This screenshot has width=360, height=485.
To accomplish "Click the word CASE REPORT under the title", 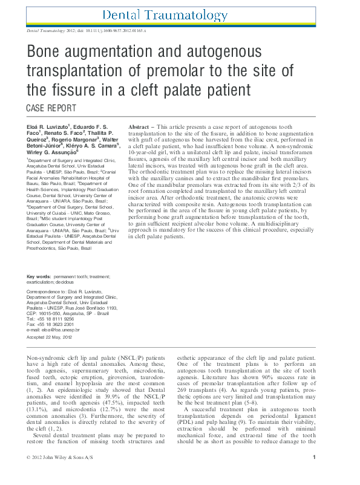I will (51, 109).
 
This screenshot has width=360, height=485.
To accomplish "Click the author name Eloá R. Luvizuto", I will (48, 125).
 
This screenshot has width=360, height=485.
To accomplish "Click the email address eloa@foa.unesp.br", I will (60, 330).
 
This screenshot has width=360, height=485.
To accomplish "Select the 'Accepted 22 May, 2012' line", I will (50, 337).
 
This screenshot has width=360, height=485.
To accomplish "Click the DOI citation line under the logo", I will (87, 30).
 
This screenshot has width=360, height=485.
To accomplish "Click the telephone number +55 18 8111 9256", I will (56, 319).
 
